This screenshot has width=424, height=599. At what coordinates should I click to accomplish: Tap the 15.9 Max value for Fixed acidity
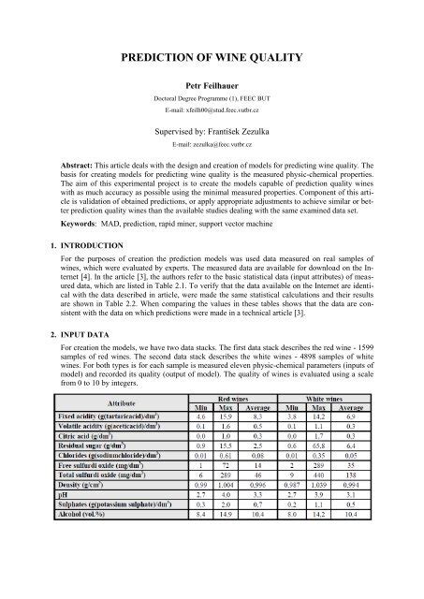[246, 469]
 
